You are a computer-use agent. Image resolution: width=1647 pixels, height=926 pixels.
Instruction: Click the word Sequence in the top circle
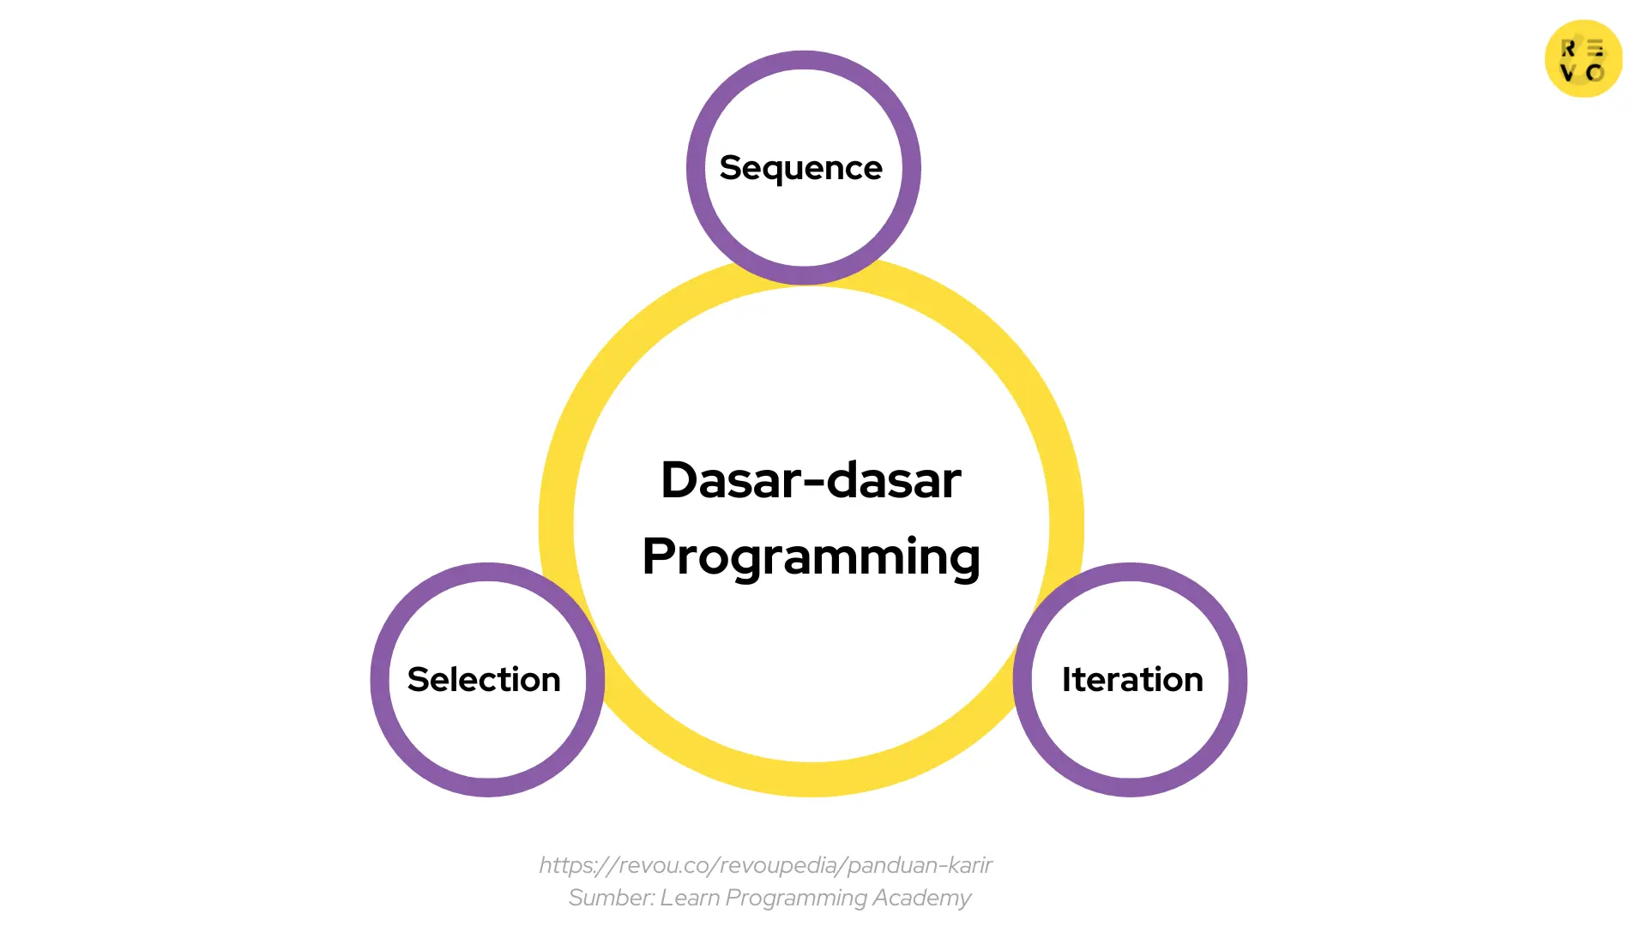pyautogui.click(x=800, y=168)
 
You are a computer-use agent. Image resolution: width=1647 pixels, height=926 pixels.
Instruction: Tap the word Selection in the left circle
pyautogui.click(x=484, y=679)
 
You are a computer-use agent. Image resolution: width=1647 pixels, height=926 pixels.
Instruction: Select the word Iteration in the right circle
pyautogui.click(x=1132, y=679)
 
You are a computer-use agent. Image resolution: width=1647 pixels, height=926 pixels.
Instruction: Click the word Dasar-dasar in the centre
pyautogui.click(x=811, y=480)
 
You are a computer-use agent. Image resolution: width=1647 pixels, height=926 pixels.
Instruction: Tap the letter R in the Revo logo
pyautogui.click(x=1568, y=49)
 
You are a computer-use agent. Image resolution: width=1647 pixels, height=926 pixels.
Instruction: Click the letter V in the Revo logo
pyautogui.click(x=1568, y=73)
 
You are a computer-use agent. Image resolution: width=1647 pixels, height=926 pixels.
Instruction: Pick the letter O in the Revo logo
pyautogui.click(x=1596, y=73)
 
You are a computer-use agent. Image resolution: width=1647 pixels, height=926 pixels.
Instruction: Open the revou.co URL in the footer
pyautogui.click(x=765, y=865)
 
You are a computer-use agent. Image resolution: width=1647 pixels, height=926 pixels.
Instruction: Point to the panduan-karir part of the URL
pyautogui.click(x=920, y=865)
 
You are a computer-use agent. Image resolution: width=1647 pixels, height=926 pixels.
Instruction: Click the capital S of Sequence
pyautogui.click(x=730, y=168)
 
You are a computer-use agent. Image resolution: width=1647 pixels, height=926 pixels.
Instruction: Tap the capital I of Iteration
pyautogui.click(x=1066, y=679)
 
